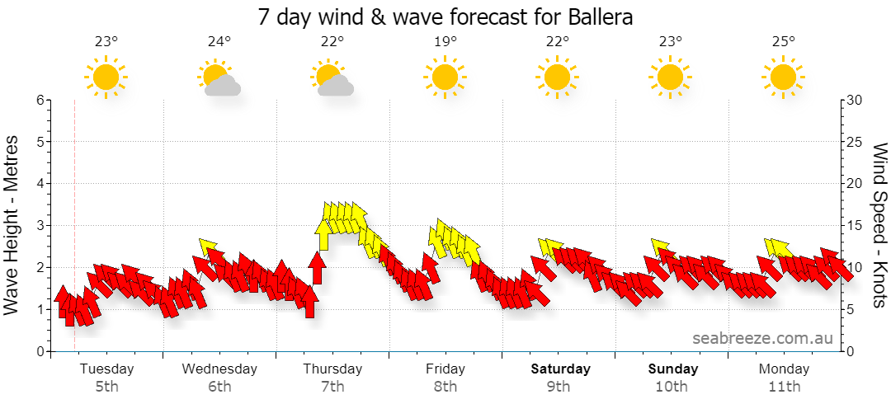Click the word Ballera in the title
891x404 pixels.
click(600, 17)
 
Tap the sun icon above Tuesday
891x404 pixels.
click(106, 78)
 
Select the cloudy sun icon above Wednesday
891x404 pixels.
click(219, 78)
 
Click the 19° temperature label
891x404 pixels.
click(445, 41)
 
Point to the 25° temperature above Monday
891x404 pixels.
click(783, 41)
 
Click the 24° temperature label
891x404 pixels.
click(219, 41)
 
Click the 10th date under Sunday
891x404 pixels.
click(671, 388)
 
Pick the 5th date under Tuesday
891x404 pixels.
click(106, 388)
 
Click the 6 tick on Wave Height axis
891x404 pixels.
click(40, 100)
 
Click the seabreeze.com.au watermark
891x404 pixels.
click(762, 338)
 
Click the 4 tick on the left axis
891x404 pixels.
click(40, 184)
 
